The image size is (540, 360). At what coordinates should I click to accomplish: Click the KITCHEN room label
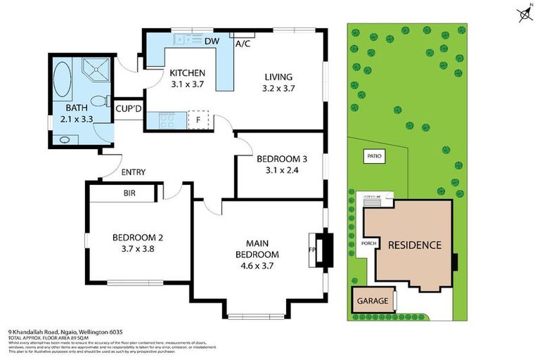(x=186, y=73)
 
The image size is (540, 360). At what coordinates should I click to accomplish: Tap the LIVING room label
(x=278, y=77)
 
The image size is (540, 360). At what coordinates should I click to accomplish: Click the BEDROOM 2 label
(x=137, y=238)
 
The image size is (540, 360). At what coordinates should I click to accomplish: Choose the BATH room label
(x=77, y=108)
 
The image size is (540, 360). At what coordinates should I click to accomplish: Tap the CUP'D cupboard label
(x=129, y=108)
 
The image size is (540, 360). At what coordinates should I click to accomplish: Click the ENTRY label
(x=133, y=172)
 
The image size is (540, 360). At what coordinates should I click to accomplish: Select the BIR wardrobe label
(x=129, y=192)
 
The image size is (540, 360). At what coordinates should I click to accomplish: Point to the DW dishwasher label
(x=211, y=41)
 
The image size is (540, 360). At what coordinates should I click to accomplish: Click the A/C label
(x=243, y=44)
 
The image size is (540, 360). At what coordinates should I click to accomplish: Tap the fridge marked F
(x=198, y=120)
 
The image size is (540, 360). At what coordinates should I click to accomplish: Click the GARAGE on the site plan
(x=373, y=301)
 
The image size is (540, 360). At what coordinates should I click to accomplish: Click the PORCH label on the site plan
(x=369, y=244)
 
